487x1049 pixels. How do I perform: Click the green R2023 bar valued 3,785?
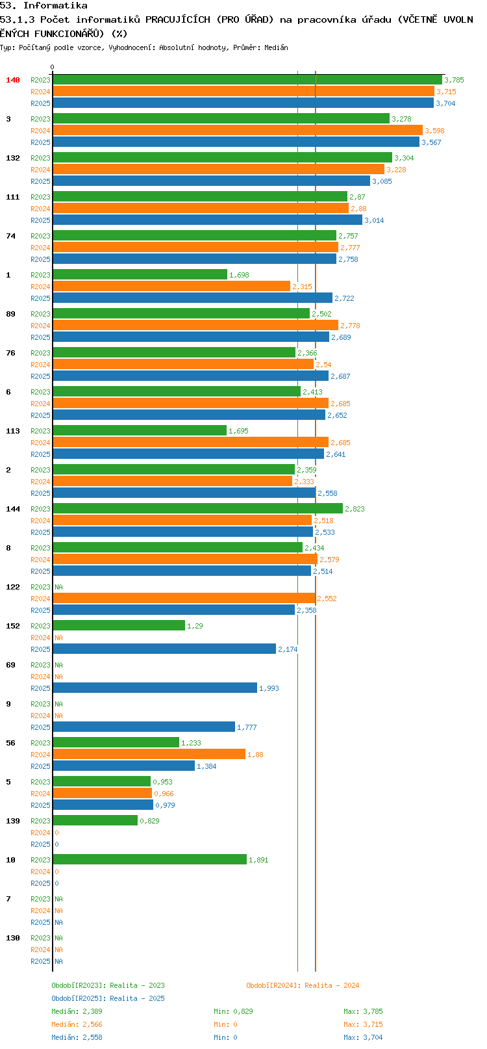(247, 79)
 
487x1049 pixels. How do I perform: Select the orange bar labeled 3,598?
(238, 130)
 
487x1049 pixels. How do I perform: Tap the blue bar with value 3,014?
(208, 220)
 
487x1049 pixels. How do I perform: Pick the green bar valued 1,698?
(140, 274)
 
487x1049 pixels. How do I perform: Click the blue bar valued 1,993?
(155, 688)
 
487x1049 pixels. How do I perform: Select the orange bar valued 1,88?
(149, 754)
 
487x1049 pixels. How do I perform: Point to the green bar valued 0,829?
(95, 820)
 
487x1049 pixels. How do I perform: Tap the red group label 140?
(12, 80)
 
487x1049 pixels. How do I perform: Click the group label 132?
(12, 158)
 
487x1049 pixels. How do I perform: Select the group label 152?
(12, 626)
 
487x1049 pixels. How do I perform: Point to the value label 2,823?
(355, 509)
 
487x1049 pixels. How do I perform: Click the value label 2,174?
(288, 649)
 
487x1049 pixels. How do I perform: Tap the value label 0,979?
(165, 805)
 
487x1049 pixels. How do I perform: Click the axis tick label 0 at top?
(52, 67)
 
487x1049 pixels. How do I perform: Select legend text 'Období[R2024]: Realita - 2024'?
(303, 985)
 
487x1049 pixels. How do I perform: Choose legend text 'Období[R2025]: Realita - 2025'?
(108, 998)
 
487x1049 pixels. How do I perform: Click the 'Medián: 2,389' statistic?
(77, 1011)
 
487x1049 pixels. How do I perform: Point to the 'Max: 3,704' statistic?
(363, 1037)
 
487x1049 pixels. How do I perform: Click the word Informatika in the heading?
(55, 6)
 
